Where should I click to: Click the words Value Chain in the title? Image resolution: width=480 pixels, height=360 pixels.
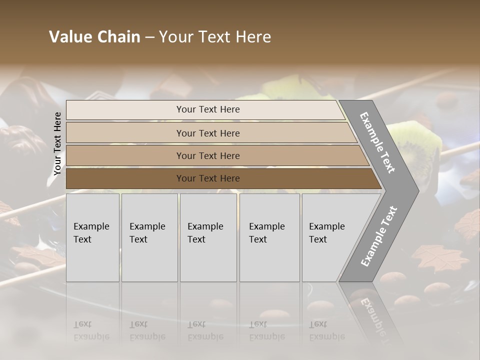[x=94, y=37]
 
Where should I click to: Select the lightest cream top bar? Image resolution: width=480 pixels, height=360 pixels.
[x=125, y=110]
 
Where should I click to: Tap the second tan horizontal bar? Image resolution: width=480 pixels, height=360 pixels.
[x=125, y=133]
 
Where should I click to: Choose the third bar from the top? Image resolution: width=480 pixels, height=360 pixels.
[x=125, y=155]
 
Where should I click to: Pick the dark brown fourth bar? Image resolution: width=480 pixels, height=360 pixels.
[x=125, y=178]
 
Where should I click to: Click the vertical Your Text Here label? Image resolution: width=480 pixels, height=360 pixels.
[x=57, y=143]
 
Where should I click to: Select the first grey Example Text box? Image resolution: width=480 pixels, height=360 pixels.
[x=92, y=237]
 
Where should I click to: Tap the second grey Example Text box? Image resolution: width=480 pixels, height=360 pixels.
[x=149, y=237]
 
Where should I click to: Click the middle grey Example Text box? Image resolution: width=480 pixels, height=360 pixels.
[x=208, y=237]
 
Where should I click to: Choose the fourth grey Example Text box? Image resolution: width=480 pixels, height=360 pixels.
[x=269, y=237]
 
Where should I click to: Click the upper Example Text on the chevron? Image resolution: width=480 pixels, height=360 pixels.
[x=377, y=142]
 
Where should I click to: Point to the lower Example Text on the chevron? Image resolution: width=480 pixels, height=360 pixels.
[x=378, y=236]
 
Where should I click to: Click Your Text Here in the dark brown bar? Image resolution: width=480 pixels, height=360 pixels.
[x=208, y=178]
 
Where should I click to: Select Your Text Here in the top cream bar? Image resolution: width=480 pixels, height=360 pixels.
[x=208, y=109]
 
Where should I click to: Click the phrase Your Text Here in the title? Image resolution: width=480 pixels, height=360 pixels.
[x=215, y=37]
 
